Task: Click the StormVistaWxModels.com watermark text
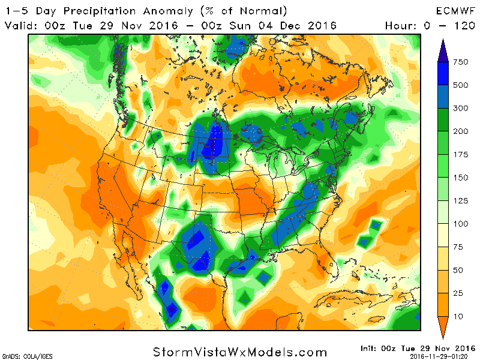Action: click(x=240, y=352)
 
